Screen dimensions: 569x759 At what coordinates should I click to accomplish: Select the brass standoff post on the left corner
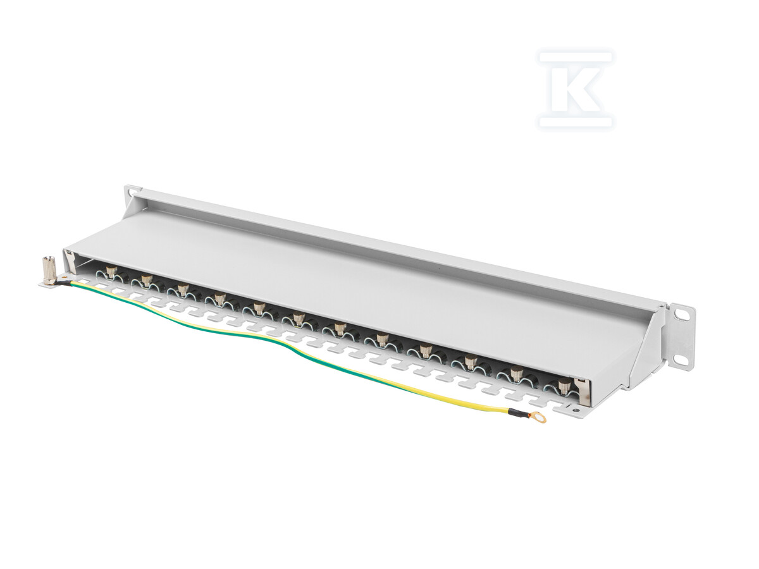(49, 269)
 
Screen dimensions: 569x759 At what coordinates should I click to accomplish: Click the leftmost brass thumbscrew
(111, 272)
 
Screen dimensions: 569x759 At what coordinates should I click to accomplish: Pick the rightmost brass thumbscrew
(562, 386)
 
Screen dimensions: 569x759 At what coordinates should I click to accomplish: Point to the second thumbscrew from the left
(145, 280)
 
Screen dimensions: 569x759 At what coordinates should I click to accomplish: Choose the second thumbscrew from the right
(516, 373)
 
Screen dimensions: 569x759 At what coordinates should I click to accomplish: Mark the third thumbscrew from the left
(182, 289)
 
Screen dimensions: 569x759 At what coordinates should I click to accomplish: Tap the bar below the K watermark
(576, 122)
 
